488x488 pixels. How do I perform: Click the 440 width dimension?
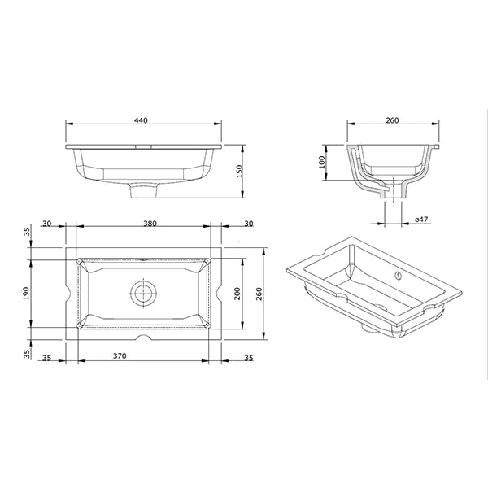141,120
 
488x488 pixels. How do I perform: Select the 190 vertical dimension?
26,294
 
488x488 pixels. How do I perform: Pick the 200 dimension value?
238,294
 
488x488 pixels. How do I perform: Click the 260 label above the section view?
391,120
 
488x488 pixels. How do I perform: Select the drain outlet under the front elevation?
143,193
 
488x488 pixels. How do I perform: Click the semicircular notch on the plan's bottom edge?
143,337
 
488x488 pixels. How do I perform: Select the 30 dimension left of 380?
46,224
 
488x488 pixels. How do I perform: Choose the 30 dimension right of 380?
247,224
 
